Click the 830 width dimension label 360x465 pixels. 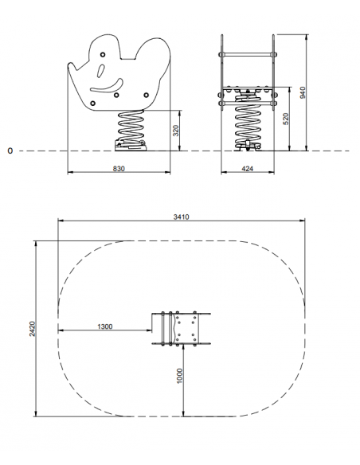click(x=119, y=169)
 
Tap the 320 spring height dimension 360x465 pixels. click(x=176, y=131)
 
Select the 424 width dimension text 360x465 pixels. click(x=248, y=169)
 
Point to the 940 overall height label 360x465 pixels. click(x=302, y=93)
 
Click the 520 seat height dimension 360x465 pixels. click(x=286, y=119)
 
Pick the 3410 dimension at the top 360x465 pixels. click(x=181, y=217)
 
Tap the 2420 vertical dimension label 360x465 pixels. click(x=32, y=329)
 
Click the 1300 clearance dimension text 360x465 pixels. click(x=105, y=326)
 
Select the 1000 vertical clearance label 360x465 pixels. click(x=180, y=376)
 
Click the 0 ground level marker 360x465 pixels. click(x=10, y=151)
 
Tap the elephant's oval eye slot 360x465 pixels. click(x=101, y=71)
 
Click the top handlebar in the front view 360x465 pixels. click(x=248, y=54)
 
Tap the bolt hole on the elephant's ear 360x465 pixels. click(x=103, y=55)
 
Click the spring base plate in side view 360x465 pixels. click(x=131, y=147)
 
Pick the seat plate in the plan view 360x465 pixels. click(x=186, y=329)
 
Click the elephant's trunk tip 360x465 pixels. click(x=71, y=66)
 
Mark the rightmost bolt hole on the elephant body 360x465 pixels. click(x=147, y=95)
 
